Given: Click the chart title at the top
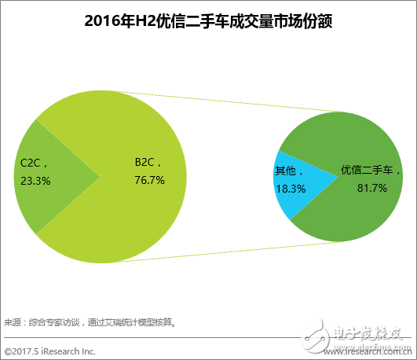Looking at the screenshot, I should click(x=208, y=21).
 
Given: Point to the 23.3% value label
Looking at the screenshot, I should click(x=35, y=180).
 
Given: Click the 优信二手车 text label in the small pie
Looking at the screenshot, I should click(x=370, y=170).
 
